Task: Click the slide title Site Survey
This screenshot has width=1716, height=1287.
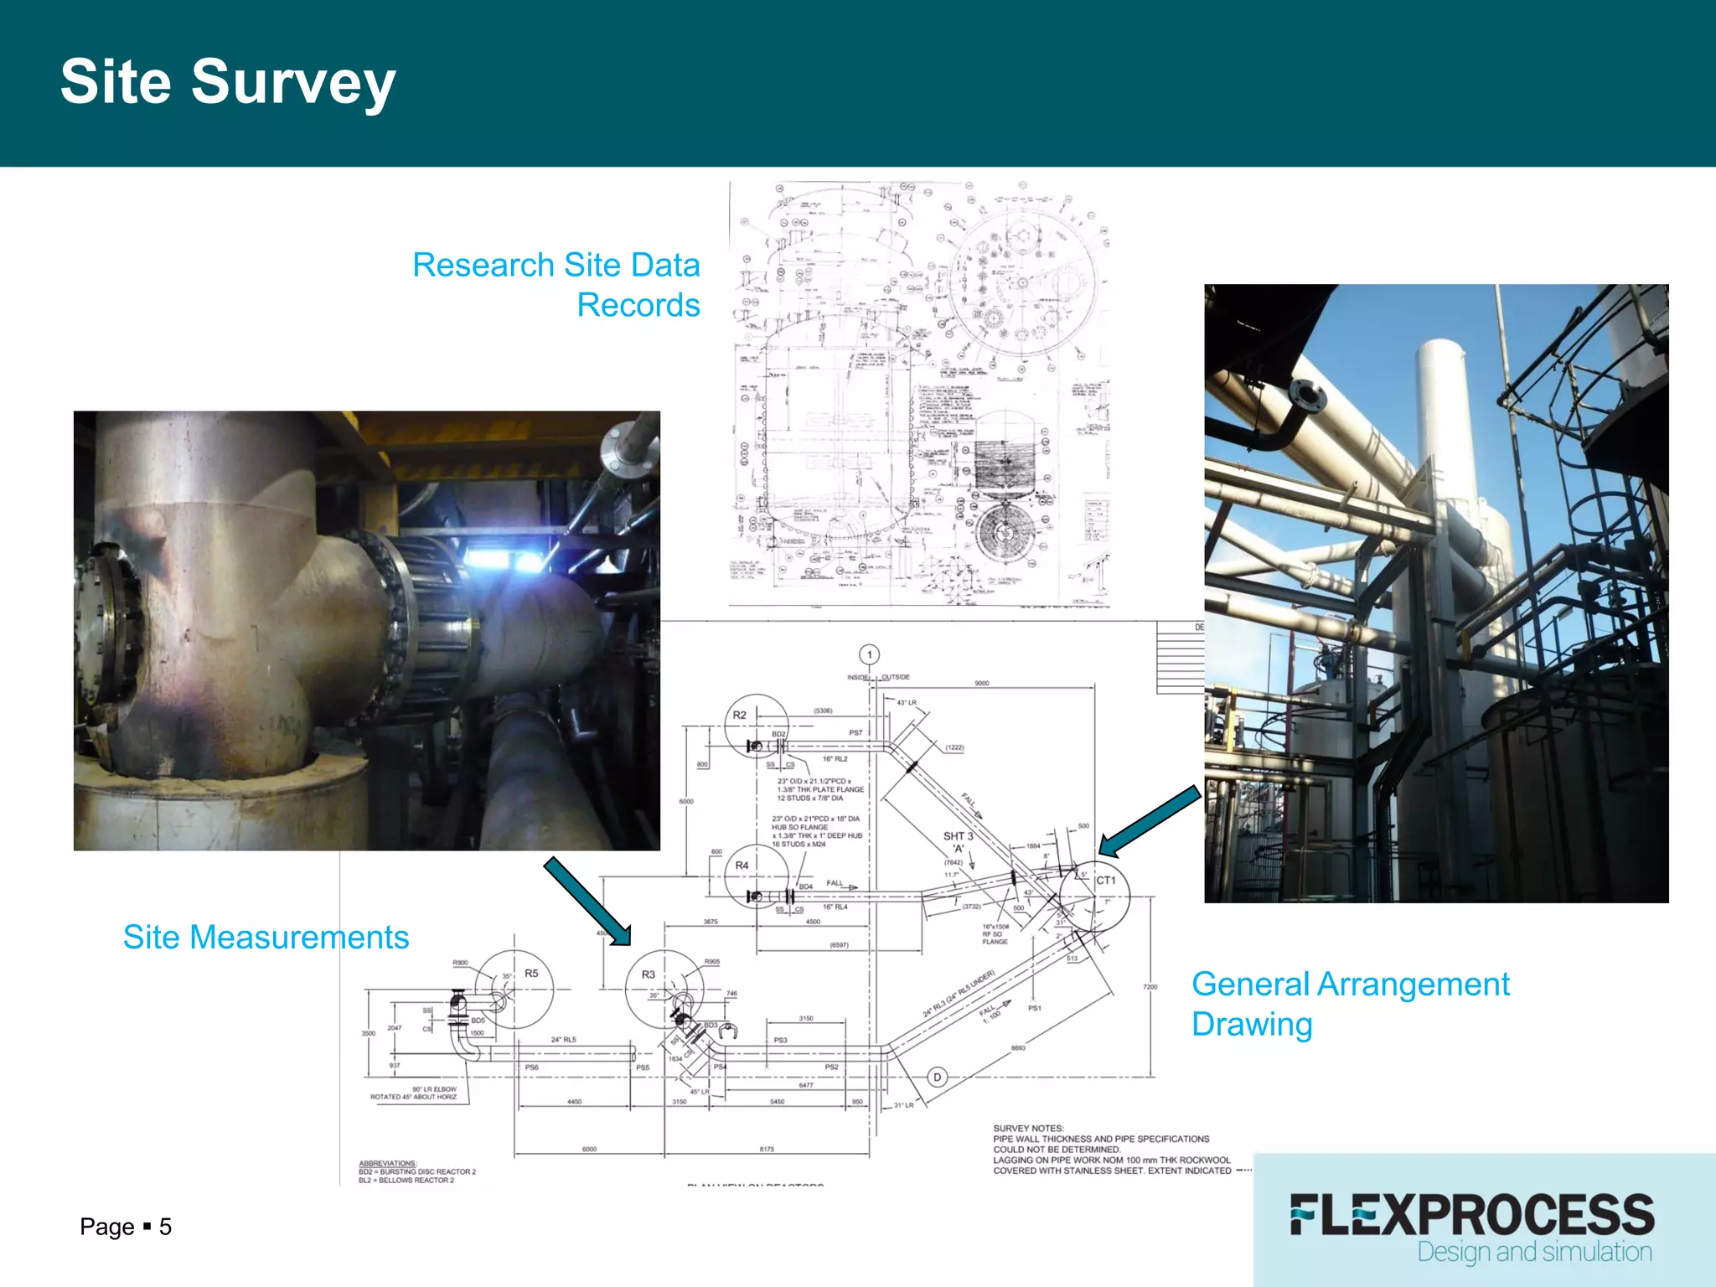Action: point(227,82)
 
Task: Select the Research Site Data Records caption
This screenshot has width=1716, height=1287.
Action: point(556,285)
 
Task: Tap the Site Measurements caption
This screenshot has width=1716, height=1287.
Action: point(266,937)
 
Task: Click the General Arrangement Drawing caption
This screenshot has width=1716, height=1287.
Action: point(1350,1004)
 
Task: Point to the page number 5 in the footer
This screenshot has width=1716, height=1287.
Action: point(166,1227)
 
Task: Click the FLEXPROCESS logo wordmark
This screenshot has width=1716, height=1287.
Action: point(1472,1215)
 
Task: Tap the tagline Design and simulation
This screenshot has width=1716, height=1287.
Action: point(1534,1252)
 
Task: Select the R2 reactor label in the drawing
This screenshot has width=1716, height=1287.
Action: point(739,715)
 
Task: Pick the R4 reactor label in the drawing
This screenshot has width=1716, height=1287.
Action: point(742,866)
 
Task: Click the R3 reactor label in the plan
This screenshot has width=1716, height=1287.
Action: point(649,974)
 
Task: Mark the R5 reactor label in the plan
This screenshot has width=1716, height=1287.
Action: point(531,973)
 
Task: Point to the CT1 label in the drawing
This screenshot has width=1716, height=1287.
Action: point(1106,881)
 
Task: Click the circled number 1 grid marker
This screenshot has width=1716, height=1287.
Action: point(870,654)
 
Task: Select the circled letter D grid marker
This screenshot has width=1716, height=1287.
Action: point(938,1077)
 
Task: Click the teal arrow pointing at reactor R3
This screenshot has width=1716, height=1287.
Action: point(587,901)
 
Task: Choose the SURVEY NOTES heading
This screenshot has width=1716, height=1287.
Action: point(1028,1129)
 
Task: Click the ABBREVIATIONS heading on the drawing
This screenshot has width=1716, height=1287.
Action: point(388,1163)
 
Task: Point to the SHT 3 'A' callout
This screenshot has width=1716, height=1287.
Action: point(959,841)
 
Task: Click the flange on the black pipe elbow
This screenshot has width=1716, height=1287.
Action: point(1307,395)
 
